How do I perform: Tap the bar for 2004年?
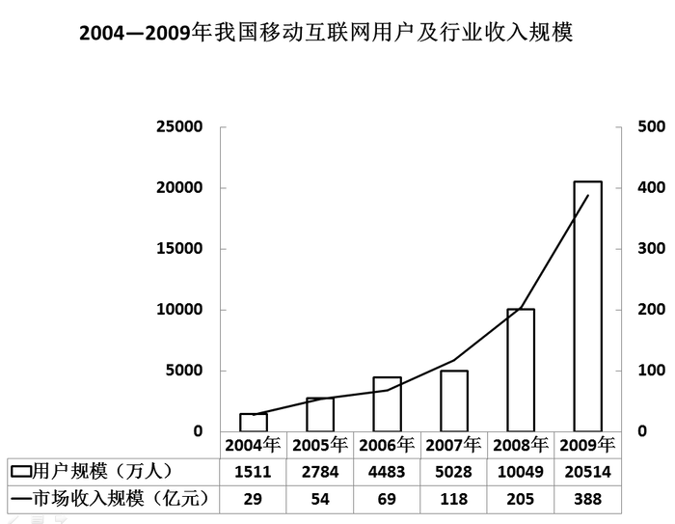pyautogui.click(x=254, y=422)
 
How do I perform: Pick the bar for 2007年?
pyautogui.click(x=454, y=400)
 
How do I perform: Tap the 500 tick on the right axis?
pyautogui.click(x=651, y=126)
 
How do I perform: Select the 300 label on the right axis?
pyautogui.click(x=651, y=248)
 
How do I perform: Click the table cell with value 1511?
pyautogui.click(x=253, y=471)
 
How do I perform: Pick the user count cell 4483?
pyautogui.click(x=386, y=471)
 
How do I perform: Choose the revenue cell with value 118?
pyautogui.click(x=453, y=499)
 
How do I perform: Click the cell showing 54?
pyautogui.click(x=319, y=499)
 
